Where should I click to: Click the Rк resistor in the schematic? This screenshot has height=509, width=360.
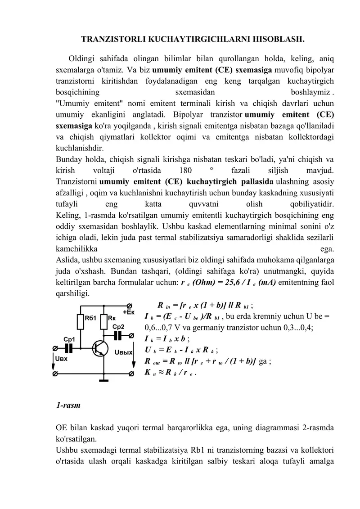coord(104,322)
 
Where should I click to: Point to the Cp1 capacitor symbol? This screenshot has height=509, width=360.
coord(69,348)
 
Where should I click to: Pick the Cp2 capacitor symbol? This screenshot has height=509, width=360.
coord(118,335)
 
